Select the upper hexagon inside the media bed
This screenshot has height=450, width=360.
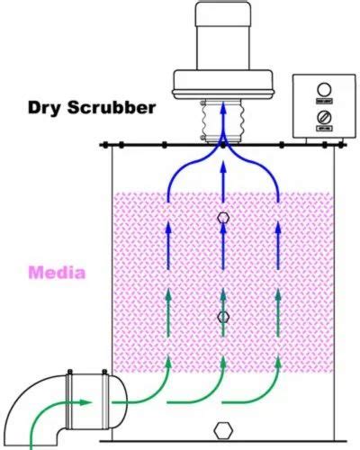click(x=223, y=218)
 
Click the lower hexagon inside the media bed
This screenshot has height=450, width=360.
click(x=223, y=317)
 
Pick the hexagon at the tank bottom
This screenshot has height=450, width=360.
click(x=223, y=428)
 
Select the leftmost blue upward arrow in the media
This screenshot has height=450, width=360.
click(x=168, y=236)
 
